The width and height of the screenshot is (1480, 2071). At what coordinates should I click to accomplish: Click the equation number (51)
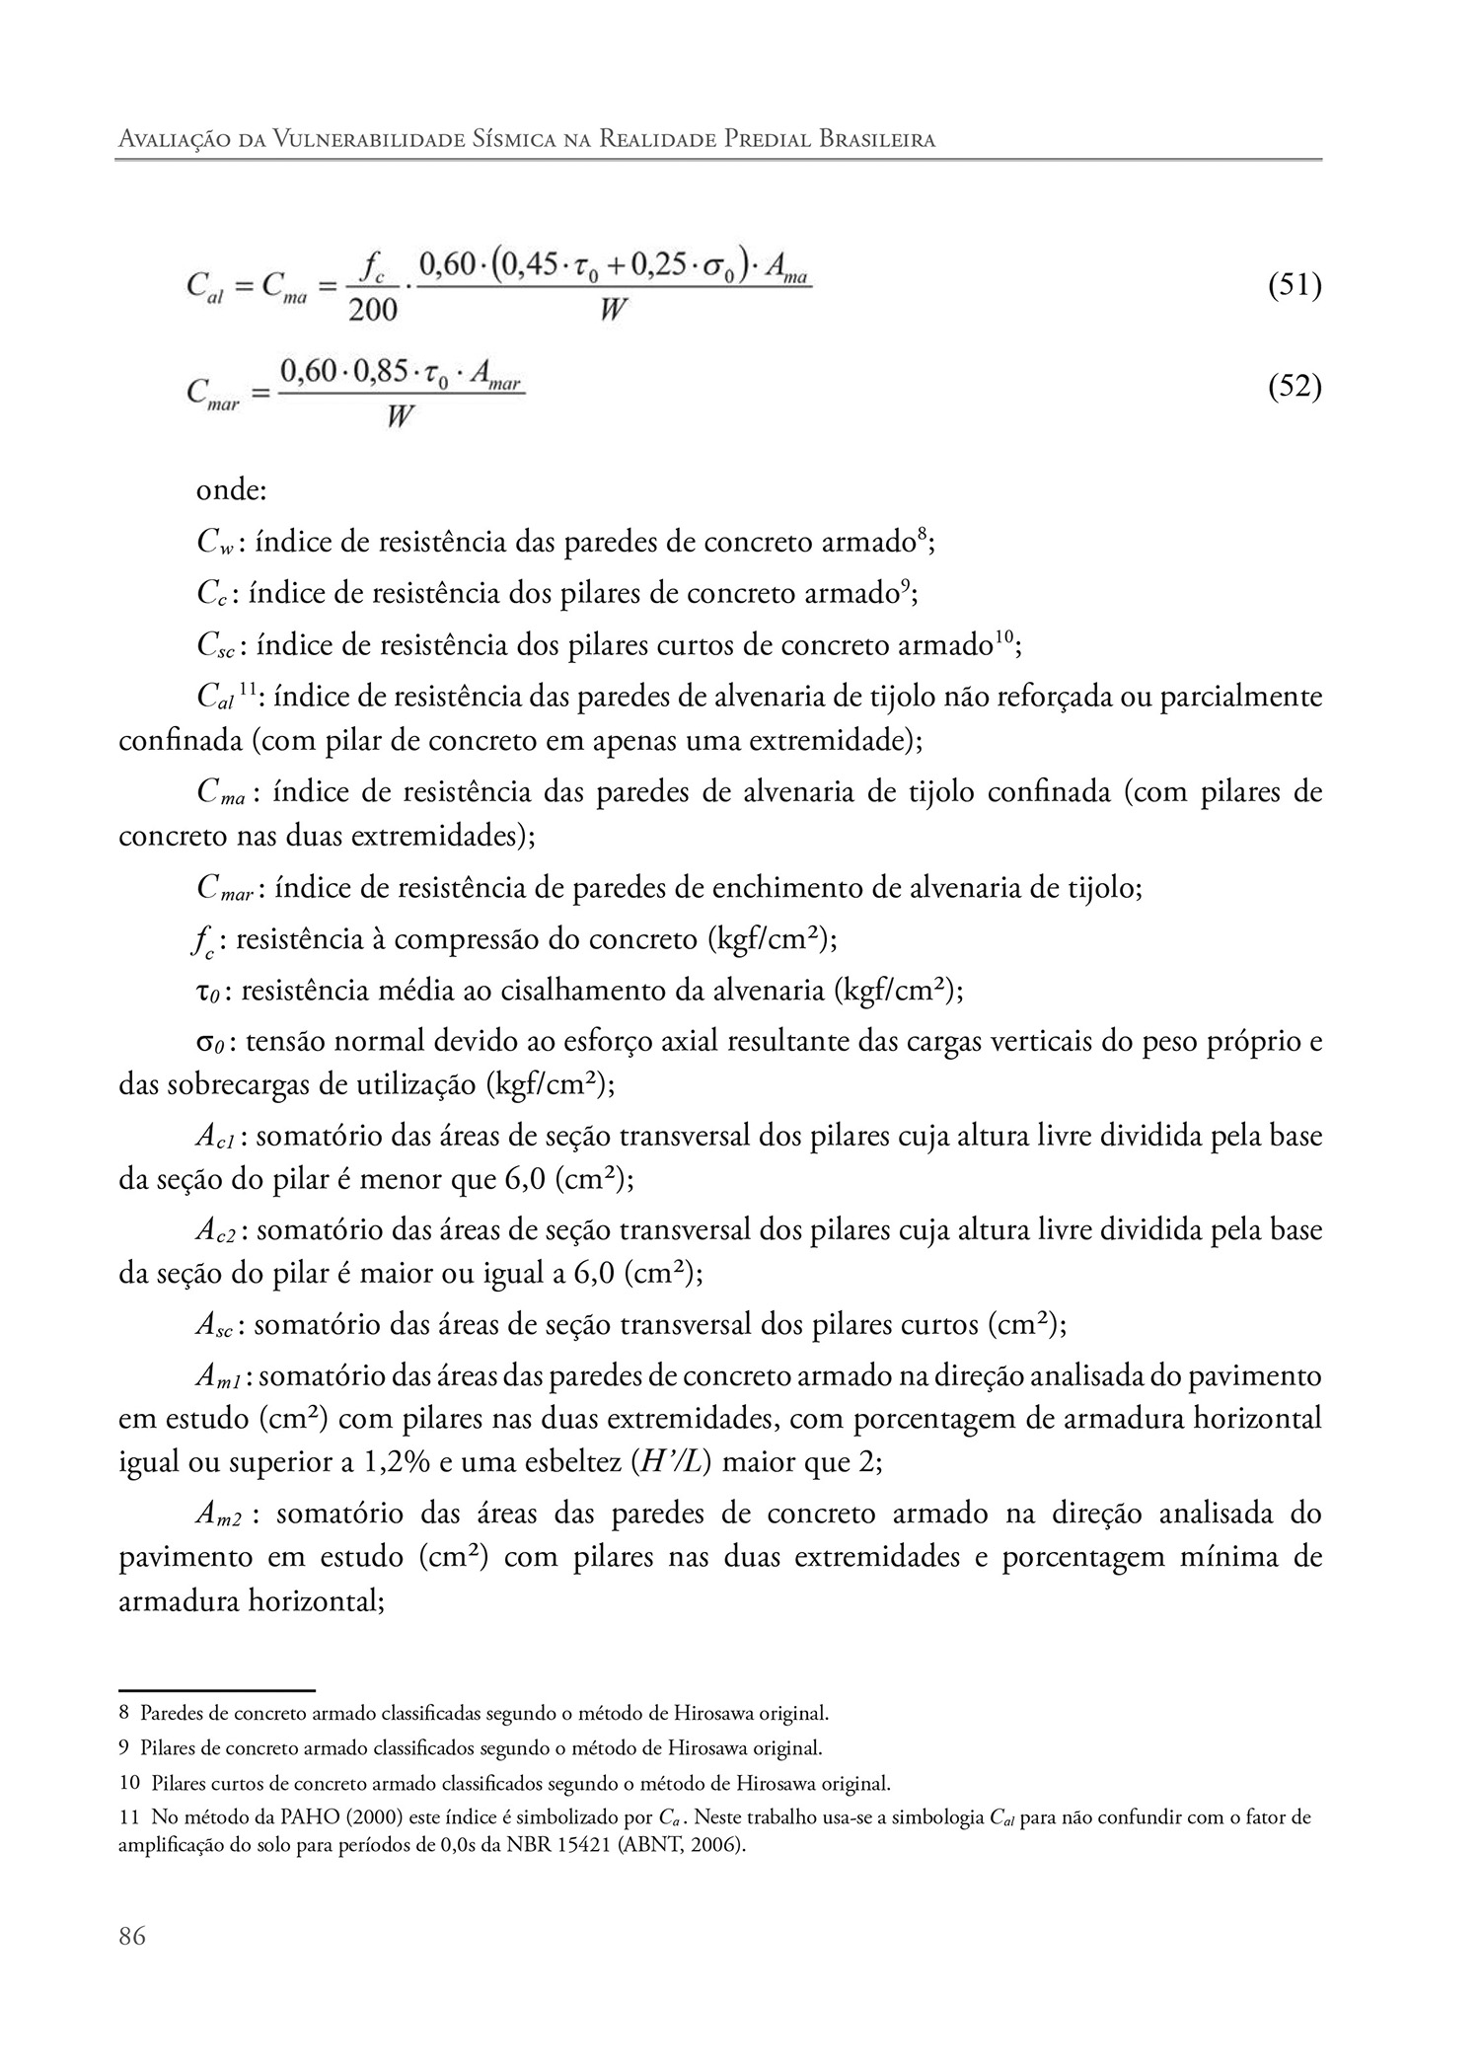1294,286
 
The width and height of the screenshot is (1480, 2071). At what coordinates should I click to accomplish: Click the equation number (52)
1294,387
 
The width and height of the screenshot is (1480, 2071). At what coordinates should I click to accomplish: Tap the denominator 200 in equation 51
372,310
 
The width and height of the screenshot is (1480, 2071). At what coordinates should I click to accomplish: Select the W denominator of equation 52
399,416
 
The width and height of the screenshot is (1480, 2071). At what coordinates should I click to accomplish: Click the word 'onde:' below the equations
225,489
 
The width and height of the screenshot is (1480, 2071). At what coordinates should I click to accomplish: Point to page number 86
131,1936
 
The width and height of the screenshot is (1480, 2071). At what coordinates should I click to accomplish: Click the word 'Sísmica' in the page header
547,139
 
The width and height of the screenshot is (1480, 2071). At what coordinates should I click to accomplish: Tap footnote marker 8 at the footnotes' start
123,1712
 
